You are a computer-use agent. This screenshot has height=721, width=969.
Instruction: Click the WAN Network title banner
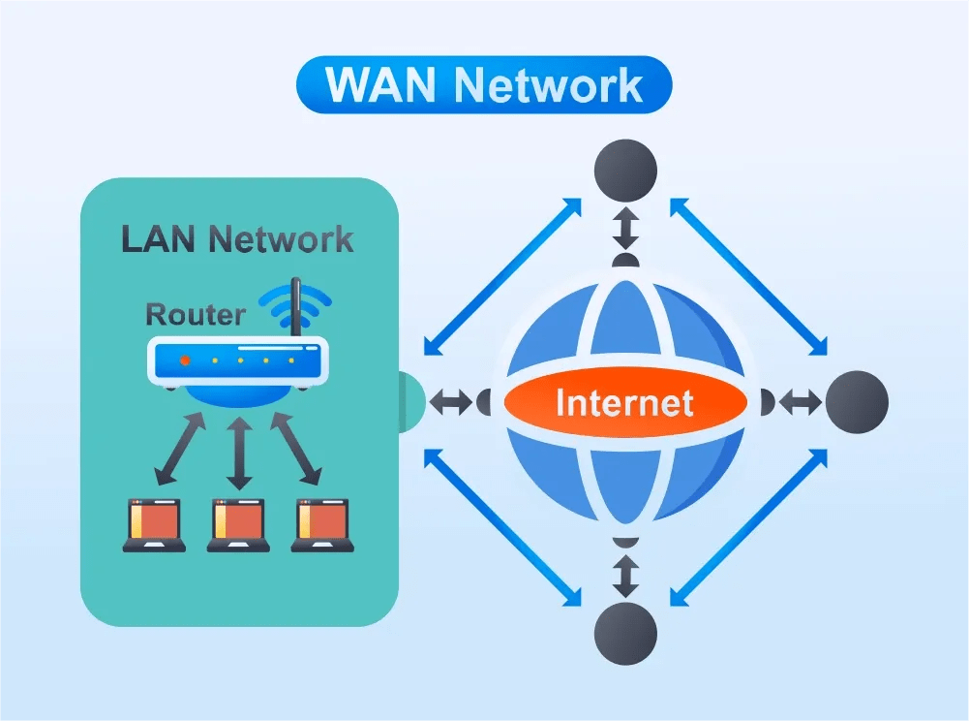coord(484,84)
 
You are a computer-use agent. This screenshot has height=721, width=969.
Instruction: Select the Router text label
coord(194,314)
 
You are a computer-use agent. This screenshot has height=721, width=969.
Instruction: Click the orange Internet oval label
coord(624,401)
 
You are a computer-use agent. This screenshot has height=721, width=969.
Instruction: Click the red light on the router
coord(185,360)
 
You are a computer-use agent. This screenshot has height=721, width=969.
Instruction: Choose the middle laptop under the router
coord(238,525)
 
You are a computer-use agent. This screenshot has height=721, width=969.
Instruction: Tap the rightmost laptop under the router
coord(322,525)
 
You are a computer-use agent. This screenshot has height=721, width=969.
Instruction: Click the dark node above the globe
coord(625,171)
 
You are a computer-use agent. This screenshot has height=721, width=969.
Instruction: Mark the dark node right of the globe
coord(857,401)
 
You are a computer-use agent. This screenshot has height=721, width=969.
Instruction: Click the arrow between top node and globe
coord(625,230)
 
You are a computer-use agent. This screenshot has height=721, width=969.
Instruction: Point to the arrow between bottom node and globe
coord(625,576)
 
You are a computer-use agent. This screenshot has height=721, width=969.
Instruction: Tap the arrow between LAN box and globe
coord(451,401)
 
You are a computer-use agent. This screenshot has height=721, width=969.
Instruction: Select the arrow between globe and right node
coord(800,401)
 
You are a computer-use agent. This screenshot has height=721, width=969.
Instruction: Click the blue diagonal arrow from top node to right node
coord(748,276)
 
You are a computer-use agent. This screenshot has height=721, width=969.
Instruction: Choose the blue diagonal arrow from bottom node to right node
coord(748,528)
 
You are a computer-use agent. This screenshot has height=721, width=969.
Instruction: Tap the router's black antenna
coord(296,308)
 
